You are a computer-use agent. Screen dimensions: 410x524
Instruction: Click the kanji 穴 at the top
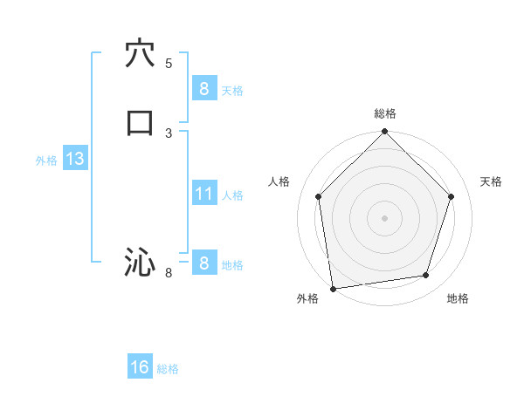140,53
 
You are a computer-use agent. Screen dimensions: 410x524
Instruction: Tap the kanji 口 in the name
140,123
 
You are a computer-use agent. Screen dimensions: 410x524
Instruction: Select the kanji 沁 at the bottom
140,262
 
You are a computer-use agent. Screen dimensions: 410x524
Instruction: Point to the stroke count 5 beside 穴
169,63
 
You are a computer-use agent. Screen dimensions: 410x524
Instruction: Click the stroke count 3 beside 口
169,133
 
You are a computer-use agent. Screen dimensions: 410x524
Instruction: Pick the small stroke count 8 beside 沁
169,273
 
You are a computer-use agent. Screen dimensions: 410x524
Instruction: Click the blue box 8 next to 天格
203,89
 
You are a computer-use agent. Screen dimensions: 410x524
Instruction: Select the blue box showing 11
203,194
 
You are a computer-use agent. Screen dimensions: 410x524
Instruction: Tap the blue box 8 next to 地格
203,263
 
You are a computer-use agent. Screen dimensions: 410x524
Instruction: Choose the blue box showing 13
74,160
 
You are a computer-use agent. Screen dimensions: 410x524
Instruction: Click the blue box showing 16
140,368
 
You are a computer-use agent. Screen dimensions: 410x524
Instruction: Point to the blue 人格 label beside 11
232,195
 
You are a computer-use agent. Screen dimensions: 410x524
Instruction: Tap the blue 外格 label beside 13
46,161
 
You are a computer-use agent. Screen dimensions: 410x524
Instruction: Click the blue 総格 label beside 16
168,369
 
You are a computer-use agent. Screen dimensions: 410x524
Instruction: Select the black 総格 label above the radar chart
384,113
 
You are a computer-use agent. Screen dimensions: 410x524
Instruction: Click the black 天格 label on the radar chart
491,181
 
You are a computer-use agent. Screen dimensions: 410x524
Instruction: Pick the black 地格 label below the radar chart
458,298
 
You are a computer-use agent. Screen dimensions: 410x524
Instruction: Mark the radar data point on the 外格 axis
333,287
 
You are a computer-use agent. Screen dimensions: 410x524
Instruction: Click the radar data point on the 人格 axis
318,196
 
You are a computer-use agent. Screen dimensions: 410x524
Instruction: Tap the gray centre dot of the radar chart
384,217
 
